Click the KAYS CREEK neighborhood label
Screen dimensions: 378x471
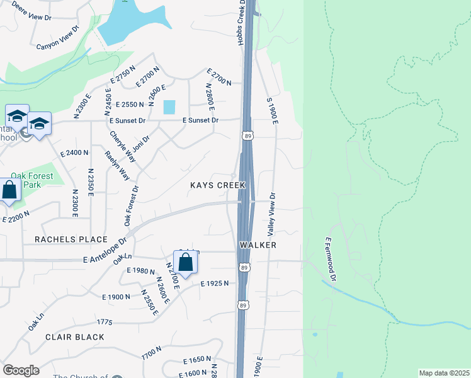point(217,185)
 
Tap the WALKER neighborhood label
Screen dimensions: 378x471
point(258,244)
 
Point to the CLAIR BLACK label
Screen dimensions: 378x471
point(74,337)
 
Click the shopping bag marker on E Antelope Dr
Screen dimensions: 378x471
point(186,262)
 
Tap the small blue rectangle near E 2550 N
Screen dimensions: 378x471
point(169,107)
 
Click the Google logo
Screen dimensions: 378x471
point(21,370)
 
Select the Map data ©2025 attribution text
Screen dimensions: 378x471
point(444,373)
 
